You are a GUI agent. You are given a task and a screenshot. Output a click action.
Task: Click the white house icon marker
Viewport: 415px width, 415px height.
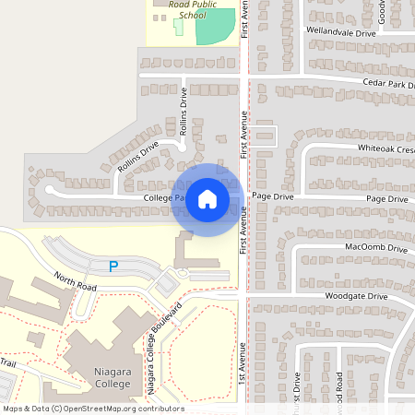tap(207, 199)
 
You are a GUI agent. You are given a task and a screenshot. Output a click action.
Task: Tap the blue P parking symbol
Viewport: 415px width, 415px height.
tap(113, 267)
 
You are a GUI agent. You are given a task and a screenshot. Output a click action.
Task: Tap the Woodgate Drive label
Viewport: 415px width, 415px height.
tap(355, 296)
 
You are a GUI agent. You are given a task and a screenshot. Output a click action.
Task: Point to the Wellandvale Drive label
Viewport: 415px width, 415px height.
tap(340, 32)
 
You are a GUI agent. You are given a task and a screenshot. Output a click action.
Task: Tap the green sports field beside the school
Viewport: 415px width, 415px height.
tap(214, 27)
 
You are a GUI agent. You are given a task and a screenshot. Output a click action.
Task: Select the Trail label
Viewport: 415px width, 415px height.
tap(8, 362)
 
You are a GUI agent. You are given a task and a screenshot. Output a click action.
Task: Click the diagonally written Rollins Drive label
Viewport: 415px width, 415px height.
tap(139, 154)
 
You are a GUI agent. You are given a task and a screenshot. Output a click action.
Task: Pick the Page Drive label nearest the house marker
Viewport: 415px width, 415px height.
tap(272, 196)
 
